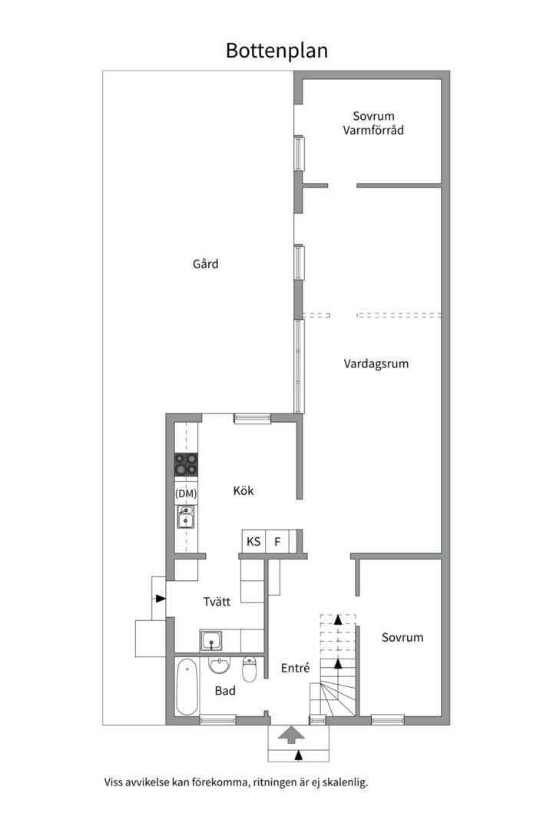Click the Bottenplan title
tap(276, 51)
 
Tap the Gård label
tap(205, 264)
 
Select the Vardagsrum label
tap(376, 364)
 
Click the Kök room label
tap(243, 491)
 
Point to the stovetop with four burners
tap(186, 465)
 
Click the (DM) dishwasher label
tap(186, 493)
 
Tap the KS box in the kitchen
tap(253, 542)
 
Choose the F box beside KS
tap(277, 542)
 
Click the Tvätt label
tap(217, 602)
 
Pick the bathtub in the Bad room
tap(187, 688)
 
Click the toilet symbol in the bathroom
tap(250, 670)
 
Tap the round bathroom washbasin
tap(219, 666)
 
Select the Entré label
tap(295, 669)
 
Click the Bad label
tap(225, 691)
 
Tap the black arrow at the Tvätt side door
tap(160, 599)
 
